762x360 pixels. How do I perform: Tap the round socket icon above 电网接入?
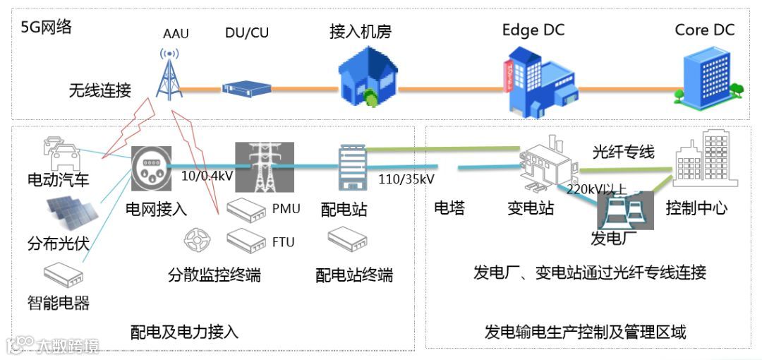151,167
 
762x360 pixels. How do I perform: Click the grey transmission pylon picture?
264,167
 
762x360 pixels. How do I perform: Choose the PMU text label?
286,208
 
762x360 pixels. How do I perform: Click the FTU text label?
283,242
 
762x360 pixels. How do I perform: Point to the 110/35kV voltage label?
406,179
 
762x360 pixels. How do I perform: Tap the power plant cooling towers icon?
625,210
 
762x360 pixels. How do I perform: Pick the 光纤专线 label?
623,151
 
